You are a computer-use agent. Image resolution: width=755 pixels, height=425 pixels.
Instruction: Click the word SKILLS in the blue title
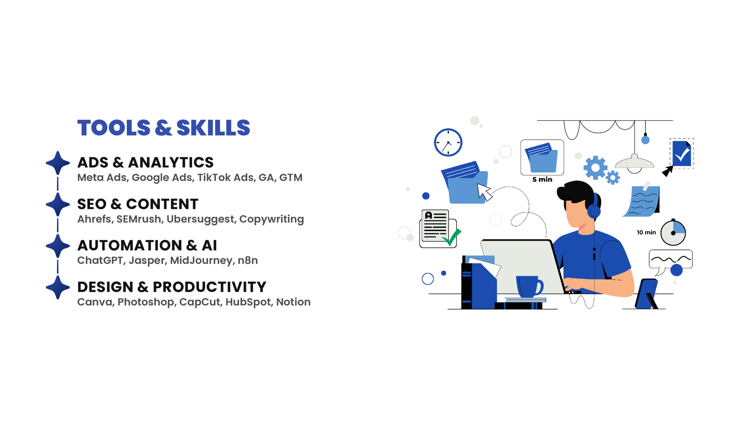coord(213,128)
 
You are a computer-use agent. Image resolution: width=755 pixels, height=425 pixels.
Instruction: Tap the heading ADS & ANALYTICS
coord(145,163)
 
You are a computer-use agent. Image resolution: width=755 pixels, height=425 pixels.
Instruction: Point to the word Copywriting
coord(272,220)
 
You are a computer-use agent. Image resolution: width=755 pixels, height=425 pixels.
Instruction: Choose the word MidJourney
coord(201,261)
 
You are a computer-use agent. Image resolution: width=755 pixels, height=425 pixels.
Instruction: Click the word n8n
coord(248,261)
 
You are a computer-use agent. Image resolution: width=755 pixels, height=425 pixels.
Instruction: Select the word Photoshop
coord(146,302)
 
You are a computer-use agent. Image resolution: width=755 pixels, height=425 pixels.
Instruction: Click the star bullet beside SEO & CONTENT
coord(58,204)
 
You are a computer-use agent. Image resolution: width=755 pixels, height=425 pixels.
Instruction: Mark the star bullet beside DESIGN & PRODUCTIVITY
coord(58,287)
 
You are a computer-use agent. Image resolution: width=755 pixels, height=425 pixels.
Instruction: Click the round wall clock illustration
coord(448,142)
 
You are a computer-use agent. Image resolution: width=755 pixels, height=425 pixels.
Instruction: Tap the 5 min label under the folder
coord(542,180)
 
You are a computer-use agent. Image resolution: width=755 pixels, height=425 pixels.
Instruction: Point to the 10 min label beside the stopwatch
coord(646,232)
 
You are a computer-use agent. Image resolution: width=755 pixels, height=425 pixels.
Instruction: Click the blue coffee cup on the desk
coord(529,286)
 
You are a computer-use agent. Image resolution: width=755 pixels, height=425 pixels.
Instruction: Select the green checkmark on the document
coord(452,237)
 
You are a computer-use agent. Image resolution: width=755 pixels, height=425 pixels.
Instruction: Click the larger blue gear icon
coord(595,168)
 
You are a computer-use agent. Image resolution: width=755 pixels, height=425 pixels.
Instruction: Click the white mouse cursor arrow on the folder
coord(485,192)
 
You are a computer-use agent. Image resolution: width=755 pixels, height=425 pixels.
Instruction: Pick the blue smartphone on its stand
coord(646,294)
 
